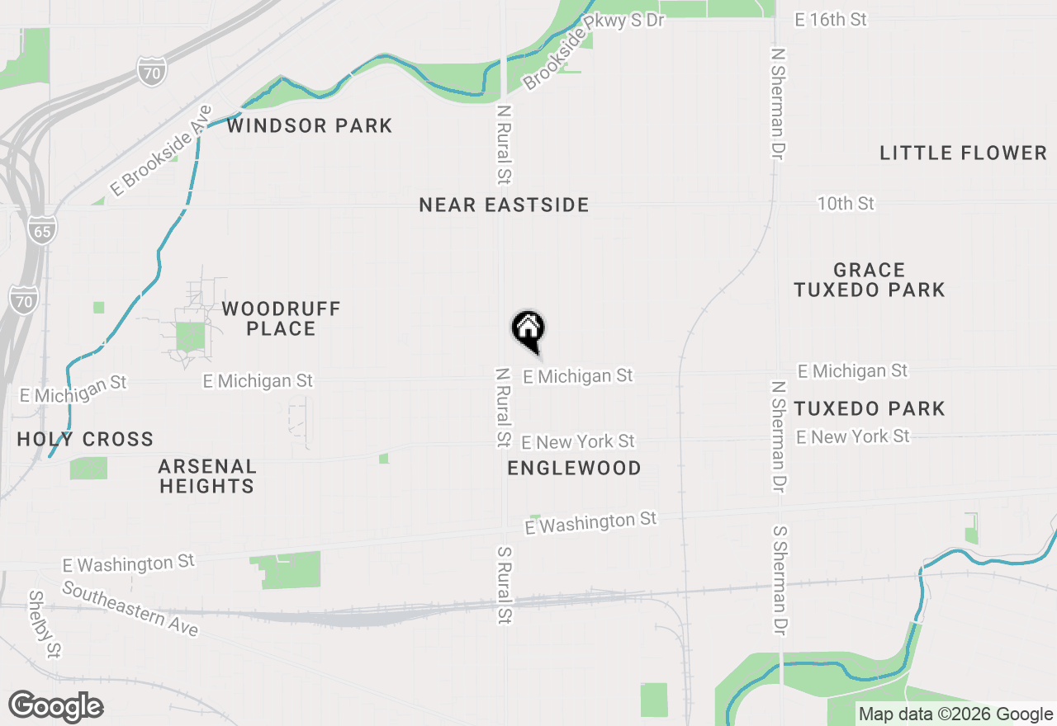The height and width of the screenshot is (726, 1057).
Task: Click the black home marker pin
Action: pyautogui.click(x=528, y=331)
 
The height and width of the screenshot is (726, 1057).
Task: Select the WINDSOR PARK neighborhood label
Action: pyautogui.click(x=310, y=126)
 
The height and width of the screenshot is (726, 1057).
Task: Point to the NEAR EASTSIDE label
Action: pyautogui.click(x=504, y=205)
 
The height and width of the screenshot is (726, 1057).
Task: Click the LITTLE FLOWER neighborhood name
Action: pyautogui.click(x=963, y=153)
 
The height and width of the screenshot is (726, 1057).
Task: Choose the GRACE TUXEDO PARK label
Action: pyautogui.click(x=870, y=280)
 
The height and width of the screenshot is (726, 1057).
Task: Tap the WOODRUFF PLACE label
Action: pyautogui.click(x=281, y=318)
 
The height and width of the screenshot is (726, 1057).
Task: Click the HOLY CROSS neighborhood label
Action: pyautogui.click(x=86, y=439)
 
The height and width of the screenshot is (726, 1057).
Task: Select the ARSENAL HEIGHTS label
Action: pyautogui.click(x=207, y=476)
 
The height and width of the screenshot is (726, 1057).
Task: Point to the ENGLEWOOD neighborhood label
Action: pyautogui.click(x=574, y=469)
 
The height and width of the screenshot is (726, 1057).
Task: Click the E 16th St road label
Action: pyautogui.click(x=831, y=20)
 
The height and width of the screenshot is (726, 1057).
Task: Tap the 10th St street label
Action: pyautogui.click(x=846, y=203)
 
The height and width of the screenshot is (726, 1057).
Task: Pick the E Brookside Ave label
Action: pyautogui.click(x=161, y=150)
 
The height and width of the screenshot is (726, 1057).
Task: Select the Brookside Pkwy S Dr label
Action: pyautogui.click(x=593, y=50)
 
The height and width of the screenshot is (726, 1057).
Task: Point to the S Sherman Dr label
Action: pyautogui.click(x=779, y=582)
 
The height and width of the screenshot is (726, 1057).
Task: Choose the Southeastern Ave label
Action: pyautogui.click(x=130, y=610)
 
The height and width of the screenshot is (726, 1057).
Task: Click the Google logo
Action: pyautogui.click(x=55, y=706)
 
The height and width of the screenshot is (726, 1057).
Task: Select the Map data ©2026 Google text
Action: pyautogui.click(x=955, y=714)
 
